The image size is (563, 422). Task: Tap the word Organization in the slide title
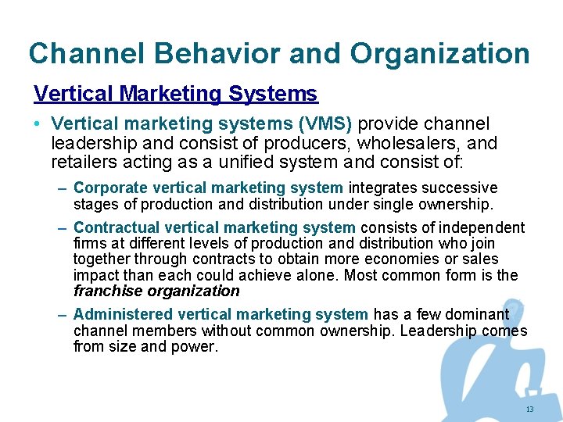(439, 53)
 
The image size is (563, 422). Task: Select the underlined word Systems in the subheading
(273, 94)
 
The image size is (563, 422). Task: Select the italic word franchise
(107, 291)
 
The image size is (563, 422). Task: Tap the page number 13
(529, 409)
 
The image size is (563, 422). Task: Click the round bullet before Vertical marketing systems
(38, 125)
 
